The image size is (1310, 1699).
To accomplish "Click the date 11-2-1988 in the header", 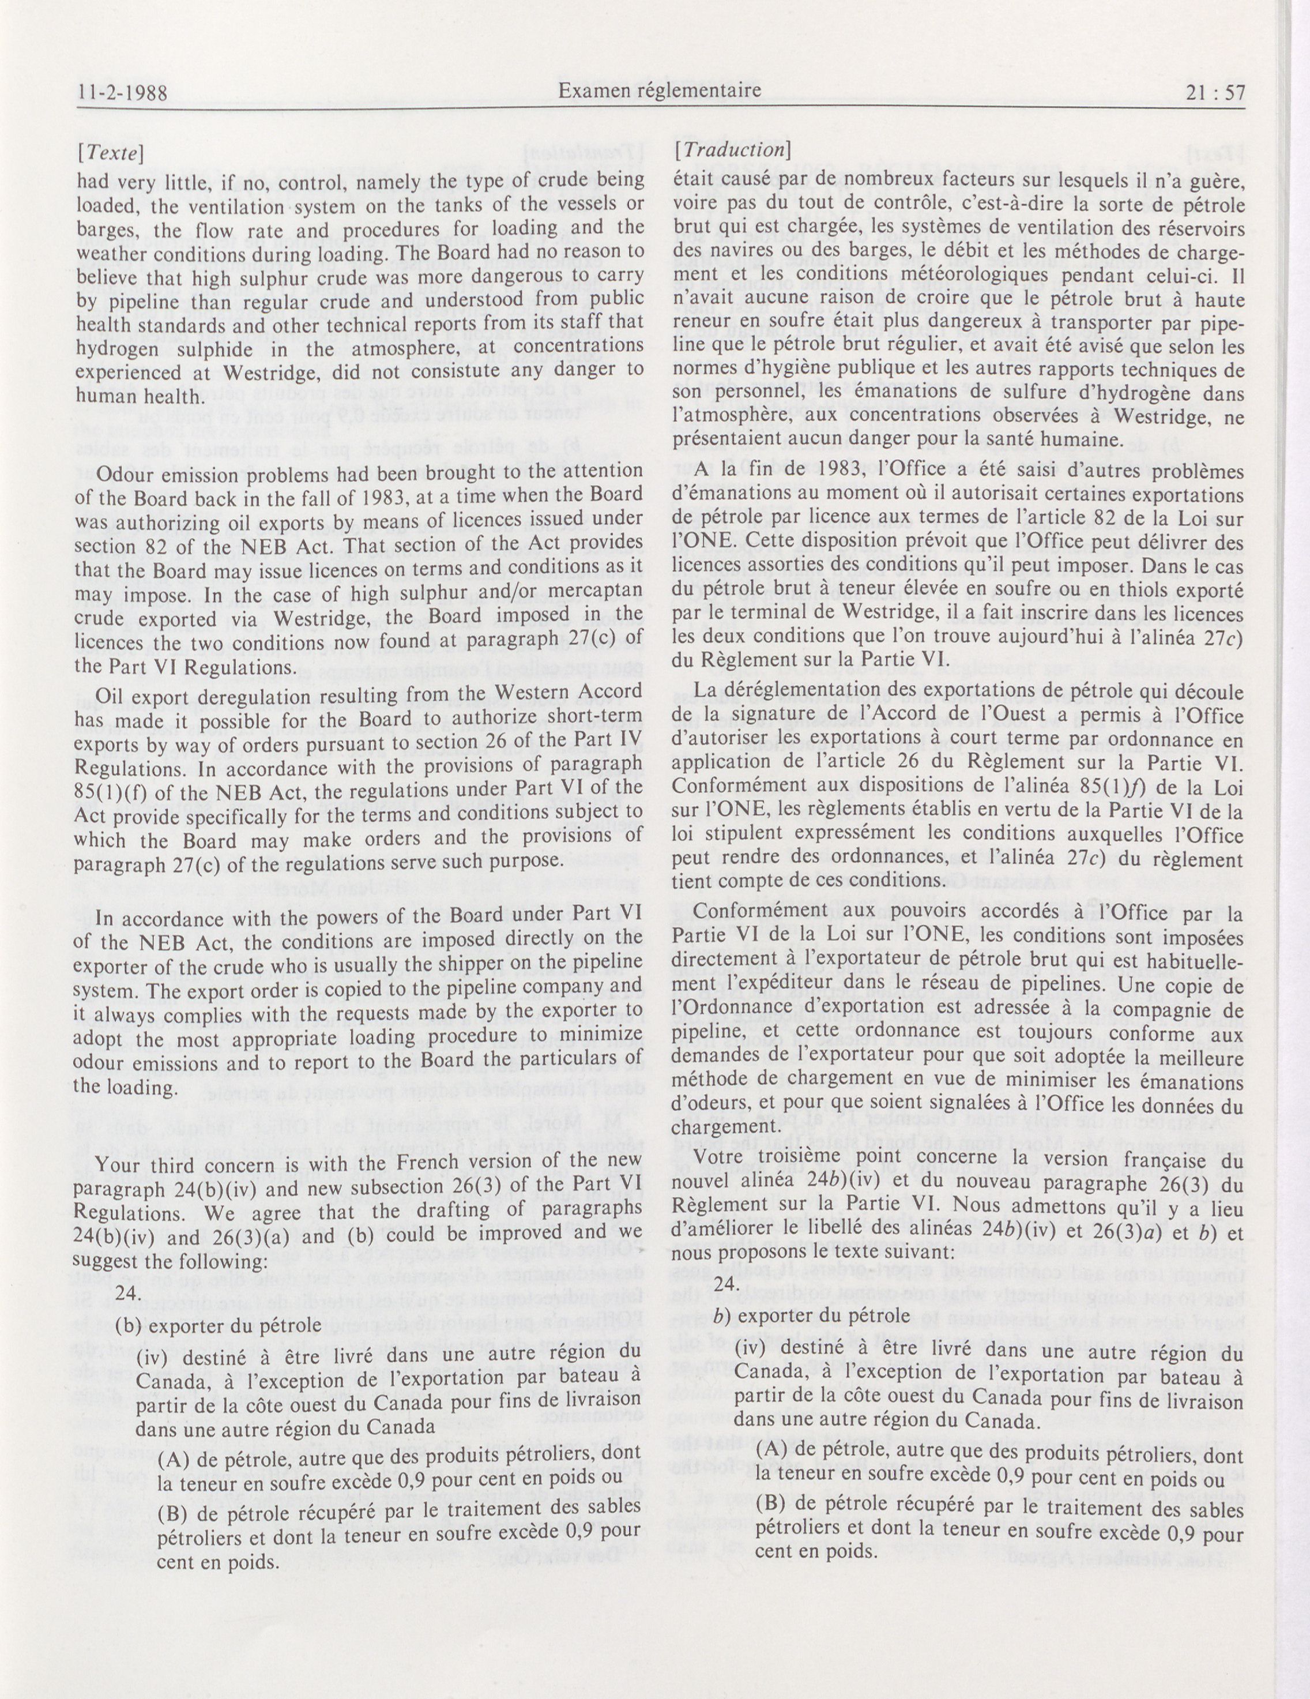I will coord(123,94).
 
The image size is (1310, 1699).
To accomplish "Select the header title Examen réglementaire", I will coord(660,92).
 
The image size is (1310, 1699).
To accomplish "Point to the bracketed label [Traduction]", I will coord(733,150).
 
